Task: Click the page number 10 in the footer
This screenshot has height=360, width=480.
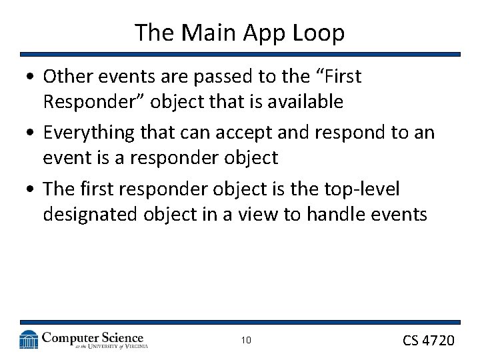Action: coord(246,341)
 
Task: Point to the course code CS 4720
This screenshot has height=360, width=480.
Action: coord(428,341)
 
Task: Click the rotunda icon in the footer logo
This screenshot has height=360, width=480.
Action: coord(29,340)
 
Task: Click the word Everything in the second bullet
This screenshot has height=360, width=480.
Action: coord(89,133)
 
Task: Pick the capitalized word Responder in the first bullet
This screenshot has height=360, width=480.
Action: coord(84,102)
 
